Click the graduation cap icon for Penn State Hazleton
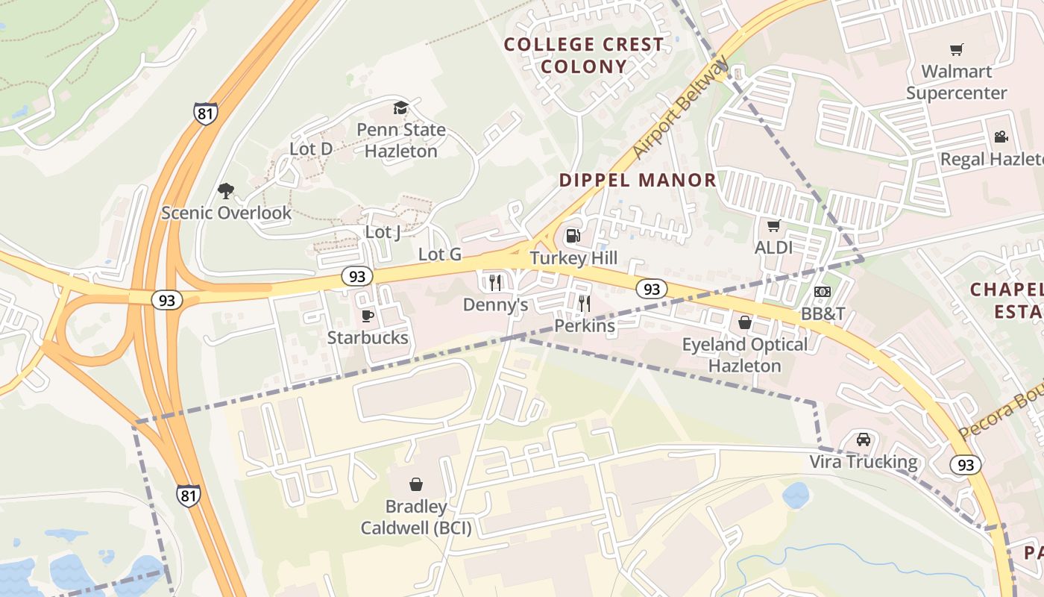tap(400, 107)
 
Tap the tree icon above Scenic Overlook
tap(226, 191)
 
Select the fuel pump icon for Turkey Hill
tap(573, 236)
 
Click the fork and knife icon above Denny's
tap(494, 282)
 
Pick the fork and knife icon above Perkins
tap(585, 303)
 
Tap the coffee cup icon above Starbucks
tap(368, 316)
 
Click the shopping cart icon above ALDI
tap(773, 225)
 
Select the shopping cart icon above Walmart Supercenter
tap(956, 50)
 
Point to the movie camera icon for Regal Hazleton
tap(1001, 137)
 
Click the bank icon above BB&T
tap(823, 292)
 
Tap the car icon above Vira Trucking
tap(864, 440)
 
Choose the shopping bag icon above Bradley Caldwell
tap(416, 484)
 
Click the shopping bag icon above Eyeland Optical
tap(744, 322)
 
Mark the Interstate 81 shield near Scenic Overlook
tap(205, 113)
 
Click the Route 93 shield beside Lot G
tap(357, 277)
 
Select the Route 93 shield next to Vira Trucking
tap(965, 465)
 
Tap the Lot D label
tap(311, 149)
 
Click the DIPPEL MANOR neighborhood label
tap(638, 180)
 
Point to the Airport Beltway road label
tap(679, 109)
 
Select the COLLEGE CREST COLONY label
tap(584, 55)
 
